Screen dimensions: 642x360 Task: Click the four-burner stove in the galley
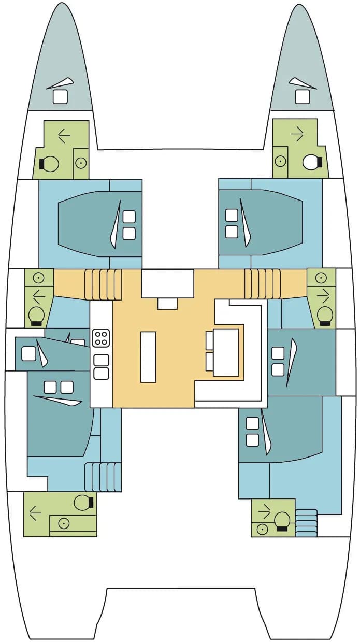click(100, 338)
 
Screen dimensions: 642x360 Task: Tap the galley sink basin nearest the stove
click(102, 360)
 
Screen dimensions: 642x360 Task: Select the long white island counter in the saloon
click(148, 357)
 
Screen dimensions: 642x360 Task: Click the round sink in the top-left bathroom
click(80, 163)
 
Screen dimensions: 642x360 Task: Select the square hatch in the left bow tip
click(61, 96)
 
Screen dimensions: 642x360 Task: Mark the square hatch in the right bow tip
click(302, 96)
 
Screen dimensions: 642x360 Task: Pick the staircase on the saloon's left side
click(106, 284)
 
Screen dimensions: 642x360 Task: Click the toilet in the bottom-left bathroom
click(82, 502)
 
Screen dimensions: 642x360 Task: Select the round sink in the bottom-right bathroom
click(262, 529)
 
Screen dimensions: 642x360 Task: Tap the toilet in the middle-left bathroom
click(36, 315)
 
